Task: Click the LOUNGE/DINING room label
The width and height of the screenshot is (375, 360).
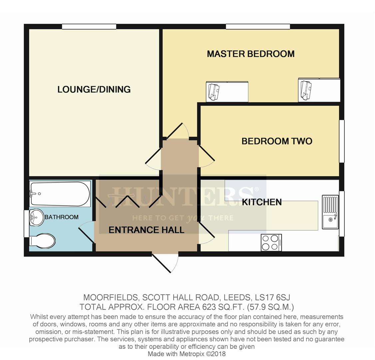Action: (x=94, y=89)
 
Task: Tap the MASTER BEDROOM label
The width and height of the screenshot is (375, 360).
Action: (x=250, y=54)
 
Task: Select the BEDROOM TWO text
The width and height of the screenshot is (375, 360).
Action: (x=277, y=141)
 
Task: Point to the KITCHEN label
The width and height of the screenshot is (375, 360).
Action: (x=262, y=202)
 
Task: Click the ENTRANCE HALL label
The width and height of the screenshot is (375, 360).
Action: (x=146, y=230)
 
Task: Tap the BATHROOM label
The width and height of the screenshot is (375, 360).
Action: (x=62, y=217)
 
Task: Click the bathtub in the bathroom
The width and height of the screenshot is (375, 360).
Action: (x=60, y=194)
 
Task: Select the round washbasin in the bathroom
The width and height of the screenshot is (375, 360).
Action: (x=36, y=218)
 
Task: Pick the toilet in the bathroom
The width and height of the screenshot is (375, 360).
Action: (x=43, y=241)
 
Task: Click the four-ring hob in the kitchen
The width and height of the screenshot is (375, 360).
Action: (x=271, y=242)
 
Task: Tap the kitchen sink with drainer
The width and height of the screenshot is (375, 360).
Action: (x=330, y=212)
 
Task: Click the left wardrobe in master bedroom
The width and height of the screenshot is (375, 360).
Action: (x=227, y=91)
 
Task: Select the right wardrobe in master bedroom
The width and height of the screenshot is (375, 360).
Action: (x=319, y=90)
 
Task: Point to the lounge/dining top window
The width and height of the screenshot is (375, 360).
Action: (x=89, y=27)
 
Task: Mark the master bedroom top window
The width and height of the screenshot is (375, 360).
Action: (x=257, y=27)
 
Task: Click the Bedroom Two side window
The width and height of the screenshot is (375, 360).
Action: (x=341, y=141)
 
